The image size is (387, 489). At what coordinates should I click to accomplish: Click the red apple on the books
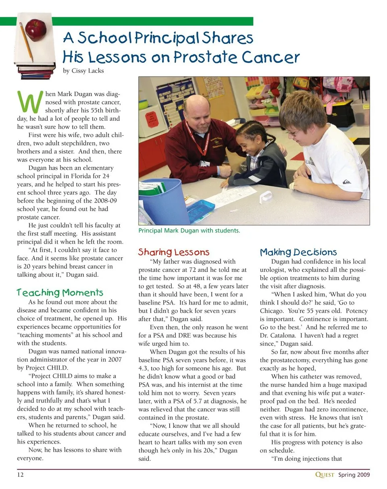point(35,29)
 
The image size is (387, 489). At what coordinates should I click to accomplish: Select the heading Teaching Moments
point(60,292)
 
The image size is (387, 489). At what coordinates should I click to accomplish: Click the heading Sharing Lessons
point(174,253)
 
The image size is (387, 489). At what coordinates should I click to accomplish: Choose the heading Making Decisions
point(298,253)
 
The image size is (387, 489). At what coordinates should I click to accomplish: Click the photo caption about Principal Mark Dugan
point(189,231)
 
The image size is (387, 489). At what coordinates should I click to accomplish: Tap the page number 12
point(21,474)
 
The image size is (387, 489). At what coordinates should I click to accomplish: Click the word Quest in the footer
point(325,474)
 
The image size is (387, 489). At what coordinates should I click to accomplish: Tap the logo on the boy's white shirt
point(346,182)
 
